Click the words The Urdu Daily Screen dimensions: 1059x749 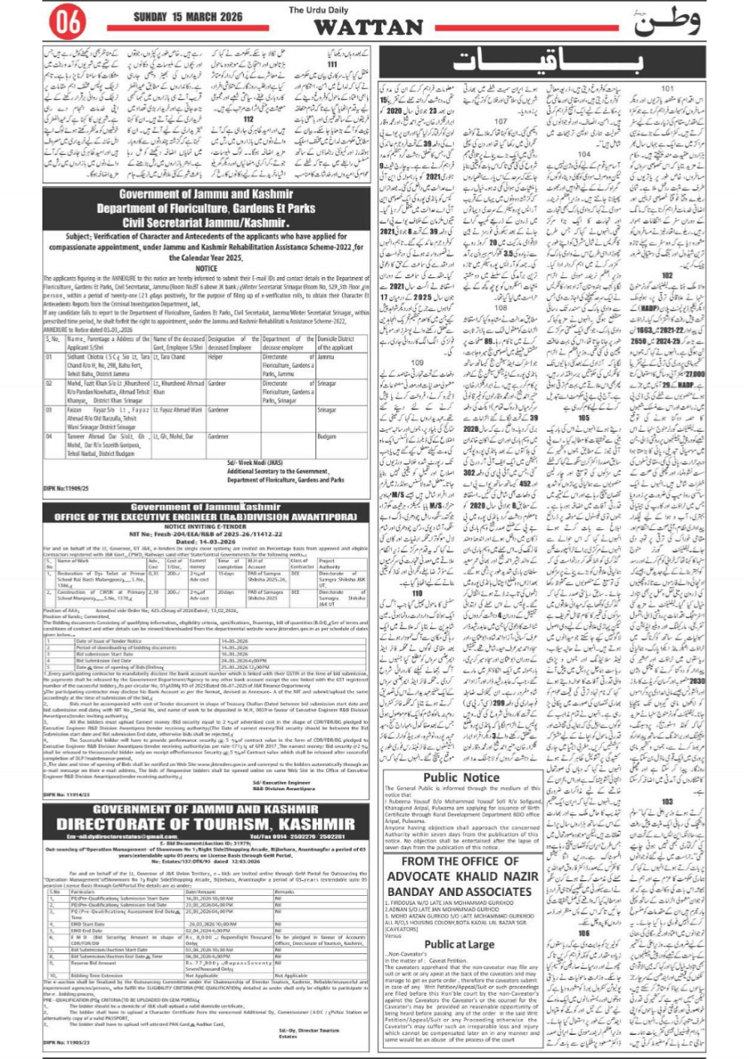coord(315,10)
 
